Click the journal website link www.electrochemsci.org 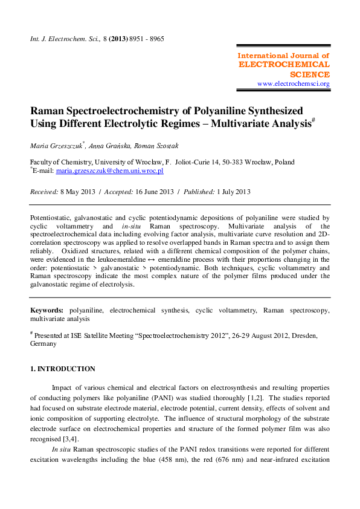[293, 83]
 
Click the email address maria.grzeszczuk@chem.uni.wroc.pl [110, 171]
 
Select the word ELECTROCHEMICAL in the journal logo [284, 65]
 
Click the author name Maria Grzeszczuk [57, 145]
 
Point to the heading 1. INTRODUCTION [63, 369]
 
